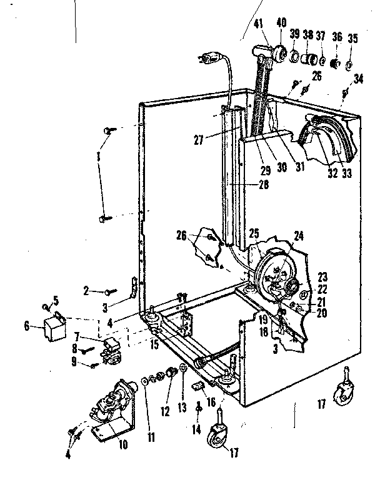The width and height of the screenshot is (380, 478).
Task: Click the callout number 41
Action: [x=259, y=24]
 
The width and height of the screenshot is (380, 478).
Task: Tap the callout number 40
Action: [x=281, y=22]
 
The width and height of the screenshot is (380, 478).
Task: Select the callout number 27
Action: [x=198, y=140]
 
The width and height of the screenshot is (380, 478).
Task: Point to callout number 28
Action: [x=264, y=185]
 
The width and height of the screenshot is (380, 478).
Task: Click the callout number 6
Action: [x=27, y=326]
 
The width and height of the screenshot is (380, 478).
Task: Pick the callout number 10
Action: [x=123, y=445]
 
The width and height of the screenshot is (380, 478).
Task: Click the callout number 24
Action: [x=299, y=236]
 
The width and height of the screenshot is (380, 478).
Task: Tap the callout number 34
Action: [x=358, y=79]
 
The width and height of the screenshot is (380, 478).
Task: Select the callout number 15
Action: [x=155, y=345]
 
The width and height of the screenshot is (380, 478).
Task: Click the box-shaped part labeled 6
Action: [x=55, y=327]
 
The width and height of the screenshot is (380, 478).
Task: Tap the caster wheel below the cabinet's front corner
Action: [x=219, y=434]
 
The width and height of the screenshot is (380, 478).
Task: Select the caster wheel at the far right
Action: [x=345, y=389]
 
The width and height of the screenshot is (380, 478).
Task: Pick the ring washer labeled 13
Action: [x=183, y=368]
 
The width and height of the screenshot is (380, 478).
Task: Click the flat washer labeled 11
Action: [x=144, y=381]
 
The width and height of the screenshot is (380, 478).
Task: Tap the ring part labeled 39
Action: [x=295, y=57]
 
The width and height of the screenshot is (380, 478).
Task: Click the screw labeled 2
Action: [x=111, y=292]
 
